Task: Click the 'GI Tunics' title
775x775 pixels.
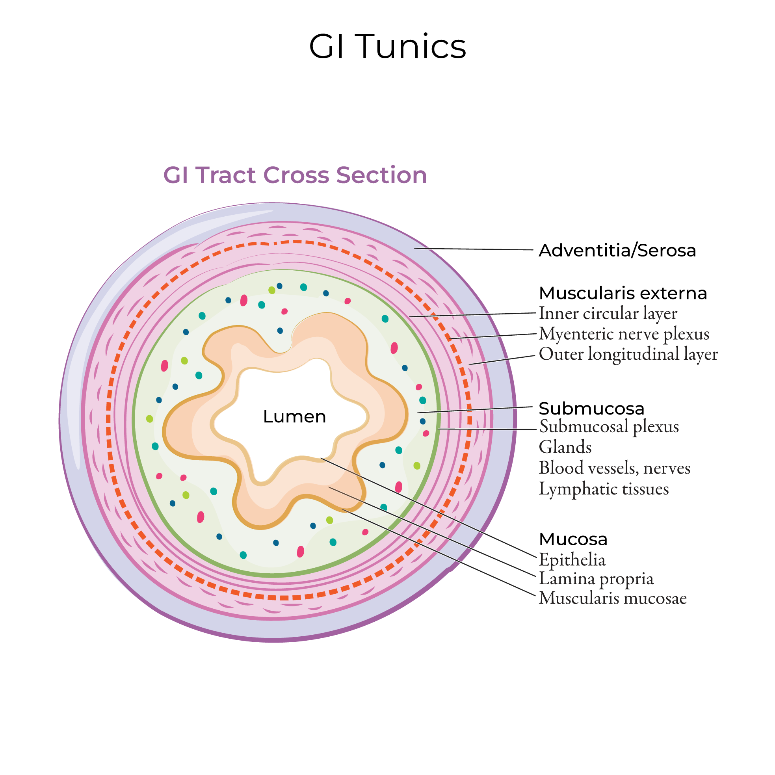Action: (x=387, y=47)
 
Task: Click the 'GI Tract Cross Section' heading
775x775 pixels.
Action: (x=295, y=175)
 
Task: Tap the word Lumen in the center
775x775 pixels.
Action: (x=294, y=417)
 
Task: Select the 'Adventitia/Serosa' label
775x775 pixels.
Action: (x=617, y=251)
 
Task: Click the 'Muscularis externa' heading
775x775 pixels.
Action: (x=623, y=293)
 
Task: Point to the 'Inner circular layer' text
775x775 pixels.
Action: (x=608, y=314)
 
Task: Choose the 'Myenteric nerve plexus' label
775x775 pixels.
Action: (x=624, y=334)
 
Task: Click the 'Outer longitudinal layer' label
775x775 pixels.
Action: (x=628, y=355)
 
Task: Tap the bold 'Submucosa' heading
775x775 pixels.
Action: (x=591, y=409)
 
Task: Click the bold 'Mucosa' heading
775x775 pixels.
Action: (x=573, y=539)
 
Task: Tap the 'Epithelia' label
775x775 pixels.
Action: (x=572, y=560)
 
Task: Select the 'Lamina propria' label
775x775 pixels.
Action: (x=596, y=579)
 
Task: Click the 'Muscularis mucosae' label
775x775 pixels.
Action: (x=613, y=598)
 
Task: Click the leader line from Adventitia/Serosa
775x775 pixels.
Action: (x=473, y=249)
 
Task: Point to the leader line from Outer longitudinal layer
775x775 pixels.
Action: (x=502, y=360)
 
